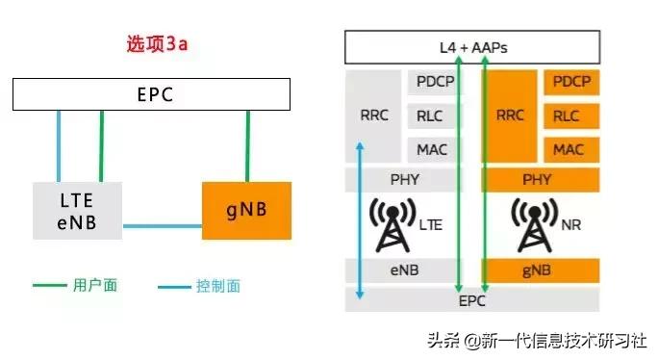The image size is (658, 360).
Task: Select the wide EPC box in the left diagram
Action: pos(151,94)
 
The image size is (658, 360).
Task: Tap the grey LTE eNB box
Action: pos(78,210)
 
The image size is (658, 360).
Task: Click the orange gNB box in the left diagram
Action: pos(245,210)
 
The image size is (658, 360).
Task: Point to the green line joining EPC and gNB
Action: pos(247,145)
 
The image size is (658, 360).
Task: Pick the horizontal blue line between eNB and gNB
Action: pos(163,227)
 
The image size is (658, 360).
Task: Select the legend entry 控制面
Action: pos(217,286)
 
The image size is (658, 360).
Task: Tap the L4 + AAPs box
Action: pos(472,47)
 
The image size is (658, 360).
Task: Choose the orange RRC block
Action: pos(510,116)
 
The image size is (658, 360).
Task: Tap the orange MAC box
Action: pos(568,149)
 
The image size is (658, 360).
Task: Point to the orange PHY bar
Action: pos(537,179)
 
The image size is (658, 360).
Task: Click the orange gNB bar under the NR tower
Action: pos(537,270)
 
